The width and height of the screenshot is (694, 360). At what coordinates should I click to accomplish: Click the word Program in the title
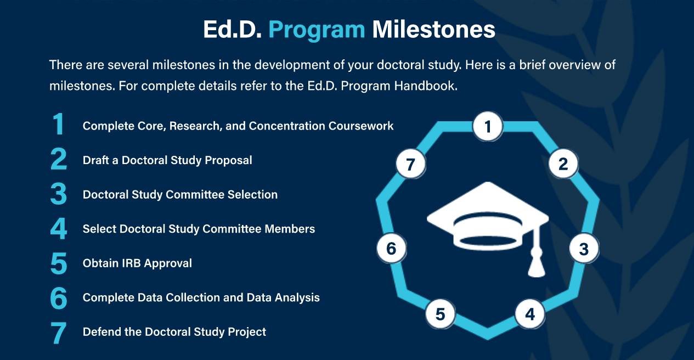click(x=317, y=29)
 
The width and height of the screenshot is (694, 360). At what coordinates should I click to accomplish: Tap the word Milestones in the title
click(x=433, y=29)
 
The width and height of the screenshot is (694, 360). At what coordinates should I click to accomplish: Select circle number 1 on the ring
click(x=488, y=127)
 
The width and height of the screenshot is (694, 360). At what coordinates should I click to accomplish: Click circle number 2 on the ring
click(x=563, y=164)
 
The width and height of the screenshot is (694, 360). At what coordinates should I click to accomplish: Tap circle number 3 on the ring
click(x=583, y=249)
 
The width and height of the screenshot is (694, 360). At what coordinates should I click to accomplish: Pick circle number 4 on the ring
click(x=529, y=314)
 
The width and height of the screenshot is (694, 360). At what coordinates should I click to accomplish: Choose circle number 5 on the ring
click(x=441, y=314)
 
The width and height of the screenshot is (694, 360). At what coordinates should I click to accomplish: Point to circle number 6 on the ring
click(x=391, y=249)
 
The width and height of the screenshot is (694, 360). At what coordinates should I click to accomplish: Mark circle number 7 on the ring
click(x=411, y=164)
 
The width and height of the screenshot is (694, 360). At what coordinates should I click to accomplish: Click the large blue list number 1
click(x=58, y=126)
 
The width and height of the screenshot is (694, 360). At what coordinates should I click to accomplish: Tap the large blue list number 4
click(x=58, y=229)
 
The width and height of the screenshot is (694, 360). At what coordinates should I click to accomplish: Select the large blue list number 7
click(x=58, y=333)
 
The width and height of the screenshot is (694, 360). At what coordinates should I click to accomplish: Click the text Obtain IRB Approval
click(x=137, y=263)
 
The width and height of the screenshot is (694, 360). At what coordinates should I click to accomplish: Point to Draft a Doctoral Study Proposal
click(x=167, y=160)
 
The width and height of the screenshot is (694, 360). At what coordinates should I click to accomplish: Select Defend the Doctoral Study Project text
click(x=174, y=332)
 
